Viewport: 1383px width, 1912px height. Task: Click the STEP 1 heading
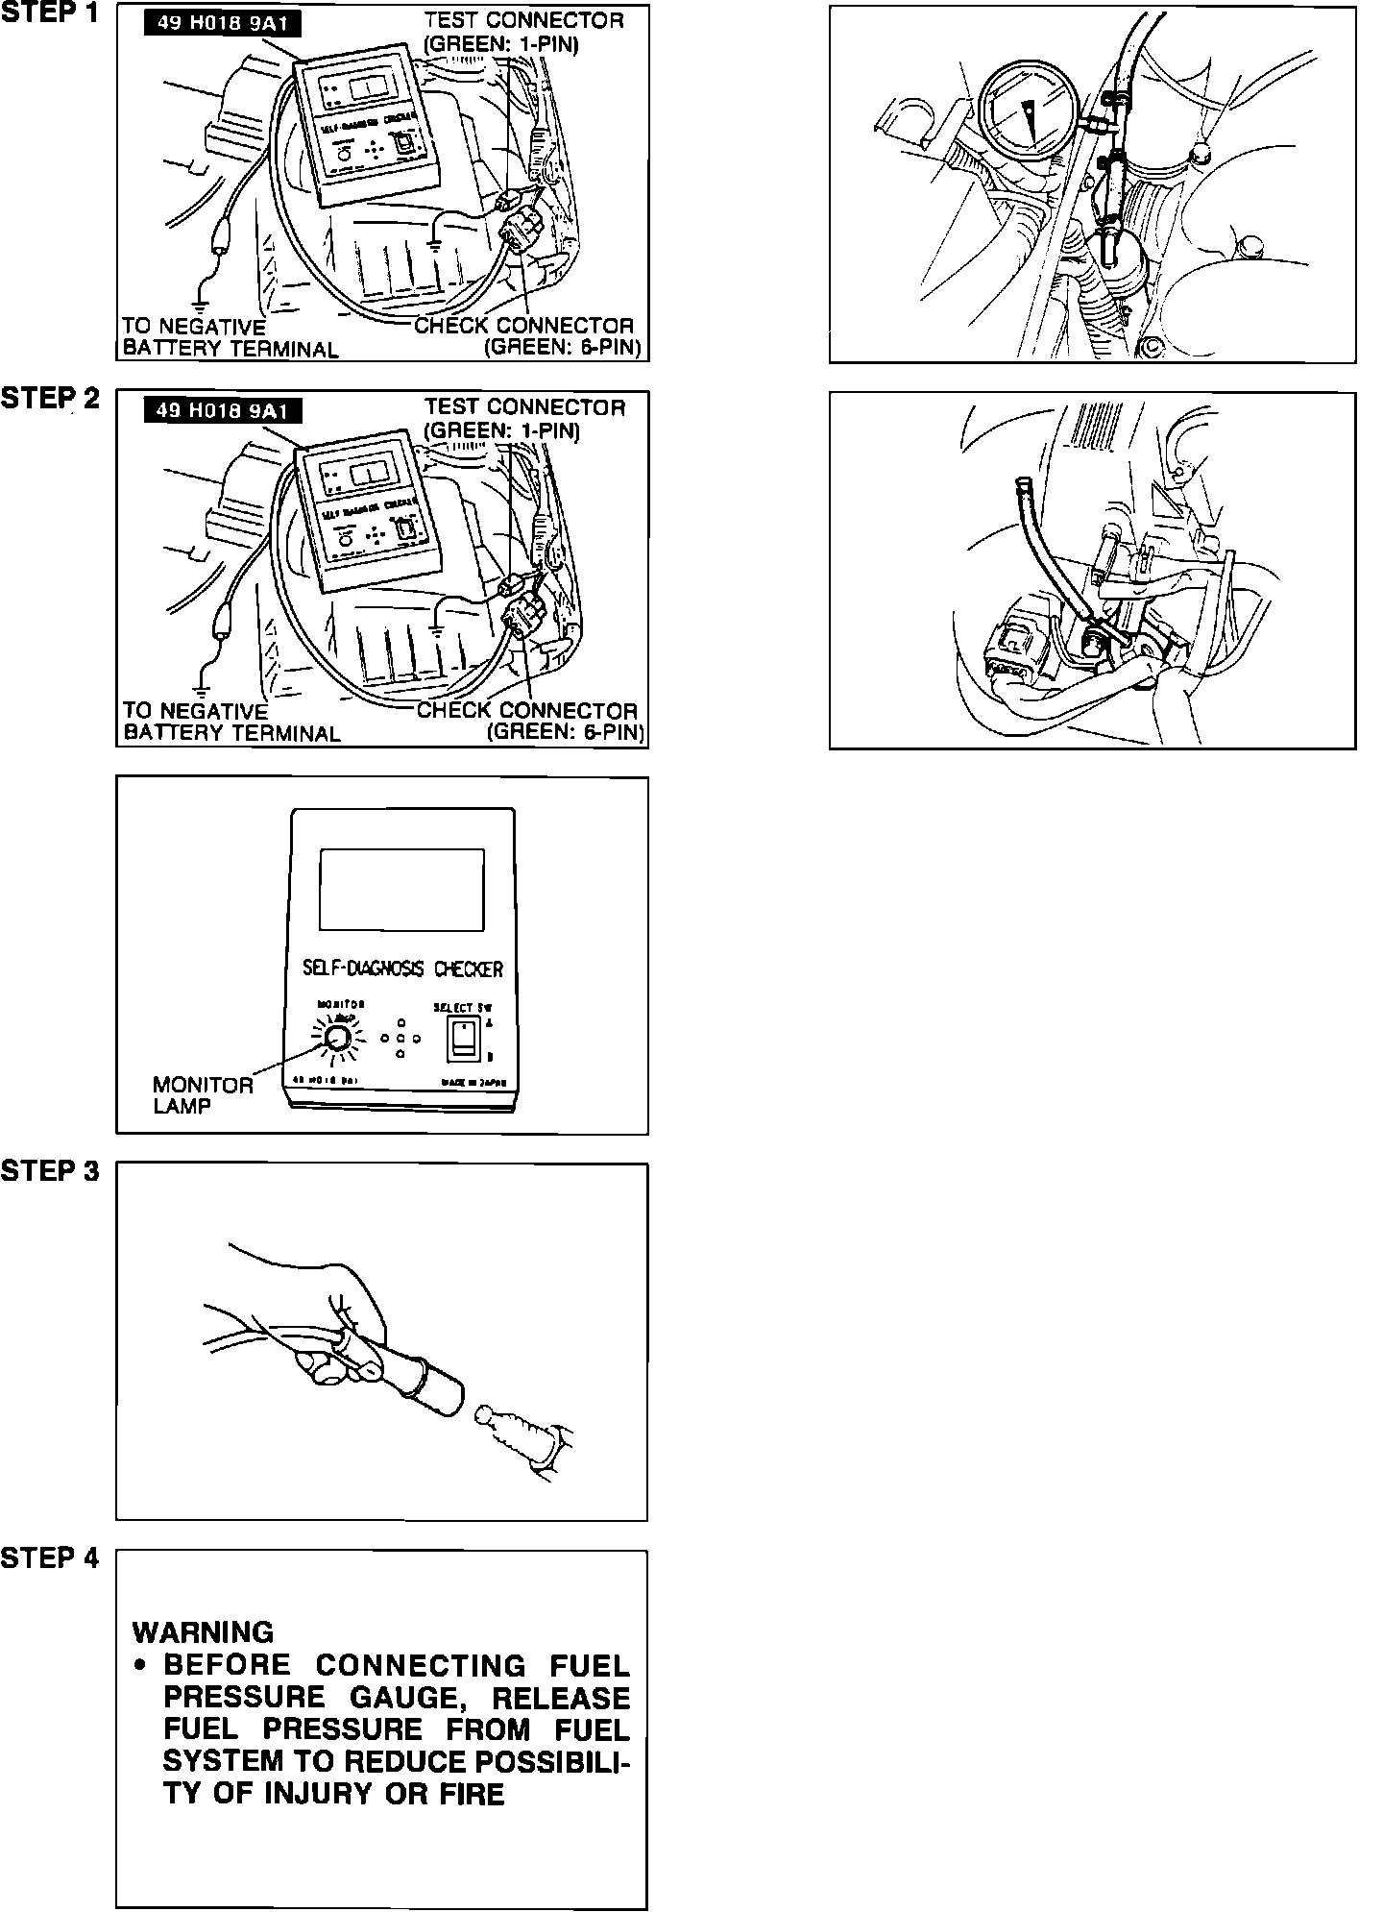coord(50,14)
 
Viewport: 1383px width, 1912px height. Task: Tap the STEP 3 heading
coord(50,1171)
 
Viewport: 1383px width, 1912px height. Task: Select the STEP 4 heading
coord(50,1557)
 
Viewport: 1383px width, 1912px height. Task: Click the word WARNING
coord(203,1632)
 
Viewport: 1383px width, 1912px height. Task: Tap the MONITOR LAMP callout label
coord(203,1094)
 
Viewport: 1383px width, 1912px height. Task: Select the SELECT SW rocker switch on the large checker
coord(463,1038)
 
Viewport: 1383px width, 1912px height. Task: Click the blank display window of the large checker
coord(401,889)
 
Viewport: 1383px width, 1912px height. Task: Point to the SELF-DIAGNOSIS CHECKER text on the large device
coord(402,968)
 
